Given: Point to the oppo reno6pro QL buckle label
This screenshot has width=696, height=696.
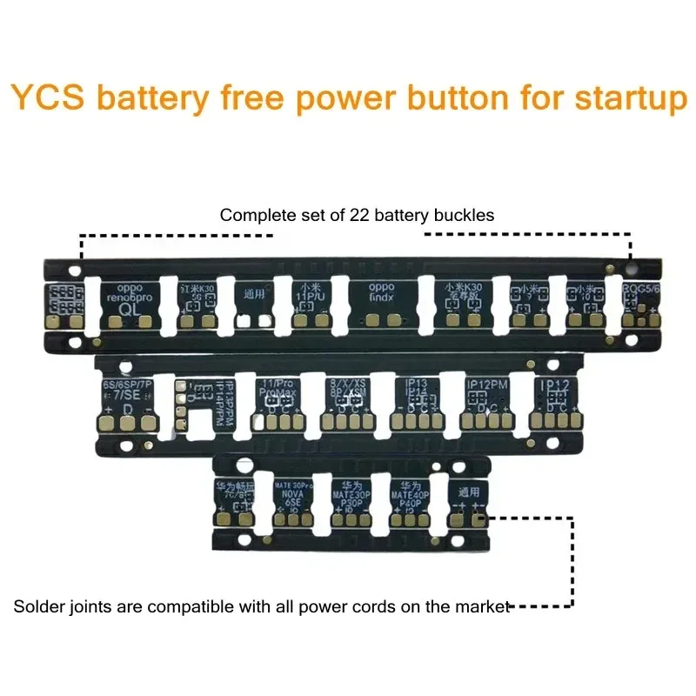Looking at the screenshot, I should click(x=130, y=300).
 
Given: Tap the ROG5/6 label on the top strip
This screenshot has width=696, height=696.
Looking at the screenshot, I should click(x=642, y=290).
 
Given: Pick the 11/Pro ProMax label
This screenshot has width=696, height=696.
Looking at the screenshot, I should click(x=278, y=387).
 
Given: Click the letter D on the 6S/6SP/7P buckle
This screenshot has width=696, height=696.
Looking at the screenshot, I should click(x=128, y=409).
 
